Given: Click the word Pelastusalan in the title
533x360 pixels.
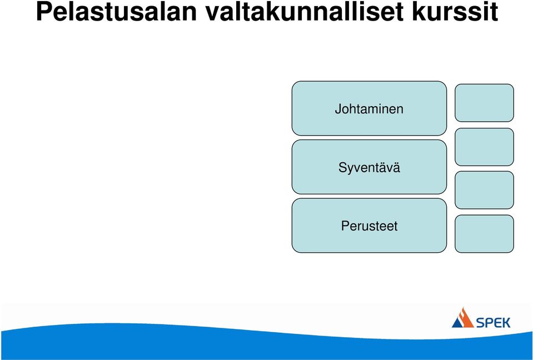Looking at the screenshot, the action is click(116, 11).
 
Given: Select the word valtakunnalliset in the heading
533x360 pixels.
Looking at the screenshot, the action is click(305, 11).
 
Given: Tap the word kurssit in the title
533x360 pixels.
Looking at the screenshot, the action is click(455, 11).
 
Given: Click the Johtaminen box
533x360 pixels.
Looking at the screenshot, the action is click(369, 108).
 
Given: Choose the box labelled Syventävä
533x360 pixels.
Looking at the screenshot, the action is click(369, 167).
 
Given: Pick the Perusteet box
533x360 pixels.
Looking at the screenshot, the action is click(369, 226).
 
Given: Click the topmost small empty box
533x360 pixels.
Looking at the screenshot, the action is click(484, 103).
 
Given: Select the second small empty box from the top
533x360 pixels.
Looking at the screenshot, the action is click(484, 147).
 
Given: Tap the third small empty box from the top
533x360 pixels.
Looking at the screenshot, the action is click(484, 190).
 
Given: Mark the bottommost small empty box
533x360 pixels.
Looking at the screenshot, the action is click(484, 234).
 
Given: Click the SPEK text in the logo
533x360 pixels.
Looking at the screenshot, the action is click(493, 323).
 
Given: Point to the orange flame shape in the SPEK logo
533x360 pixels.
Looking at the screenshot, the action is click(465, 318).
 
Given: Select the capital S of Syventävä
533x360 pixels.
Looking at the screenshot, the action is click(342, 167).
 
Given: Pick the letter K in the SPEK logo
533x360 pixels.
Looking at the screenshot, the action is click(505, 323).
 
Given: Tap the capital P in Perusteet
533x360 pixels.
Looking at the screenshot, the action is click(345, 226).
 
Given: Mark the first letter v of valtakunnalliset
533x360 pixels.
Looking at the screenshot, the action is click(213, 14).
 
